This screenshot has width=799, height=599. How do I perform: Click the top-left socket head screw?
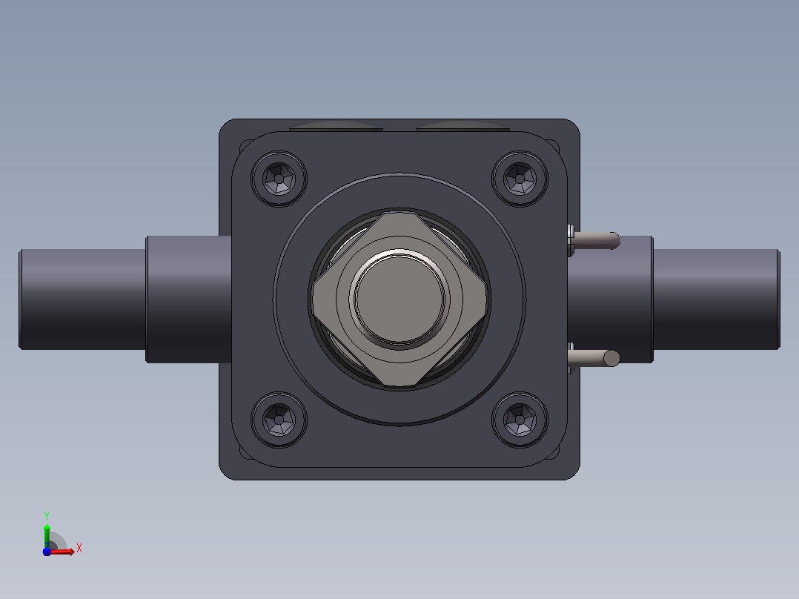(279, 179)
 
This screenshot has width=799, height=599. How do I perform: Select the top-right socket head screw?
(520, 179)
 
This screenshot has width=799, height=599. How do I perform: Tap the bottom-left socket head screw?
(279, 420)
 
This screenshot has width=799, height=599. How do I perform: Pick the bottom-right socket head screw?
(520, 420)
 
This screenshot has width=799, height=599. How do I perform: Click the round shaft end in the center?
(399, 299)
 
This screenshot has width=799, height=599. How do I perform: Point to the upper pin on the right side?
(594, 241)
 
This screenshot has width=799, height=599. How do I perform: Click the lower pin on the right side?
(594, 358)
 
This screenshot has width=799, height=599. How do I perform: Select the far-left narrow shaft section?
(82, 299)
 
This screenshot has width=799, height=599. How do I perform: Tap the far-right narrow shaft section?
(717, 299)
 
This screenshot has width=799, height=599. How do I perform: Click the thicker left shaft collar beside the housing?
(188, 299)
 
